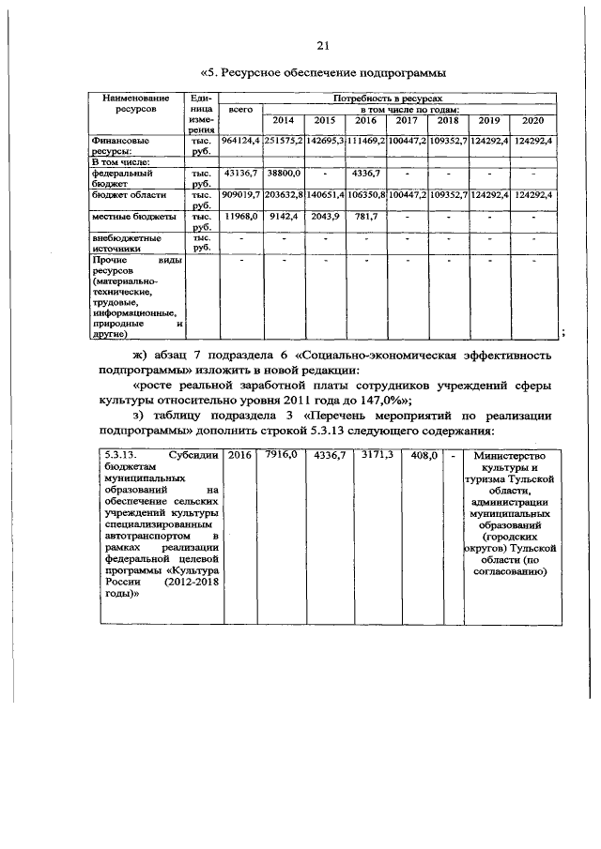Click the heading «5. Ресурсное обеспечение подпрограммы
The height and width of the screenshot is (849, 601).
[323, 73]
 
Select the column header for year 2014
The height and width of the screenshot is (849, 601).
[283, 120]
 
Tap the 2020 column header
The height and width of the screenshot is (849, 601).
[533, 120]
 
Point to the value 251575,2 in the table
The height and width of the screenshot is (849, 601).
[283, 141]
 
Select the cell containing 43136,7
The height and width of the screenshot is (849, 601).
[241, 174]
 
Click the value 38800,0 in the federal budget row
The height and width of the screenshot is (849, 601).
[283, 174]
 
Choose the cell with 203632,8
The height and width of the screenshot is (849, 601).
[283, 195]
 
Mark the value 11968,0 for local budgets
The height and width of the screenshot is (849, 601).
[241, 216]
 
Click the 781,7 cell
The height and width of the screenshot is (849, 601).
[363, 216]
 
